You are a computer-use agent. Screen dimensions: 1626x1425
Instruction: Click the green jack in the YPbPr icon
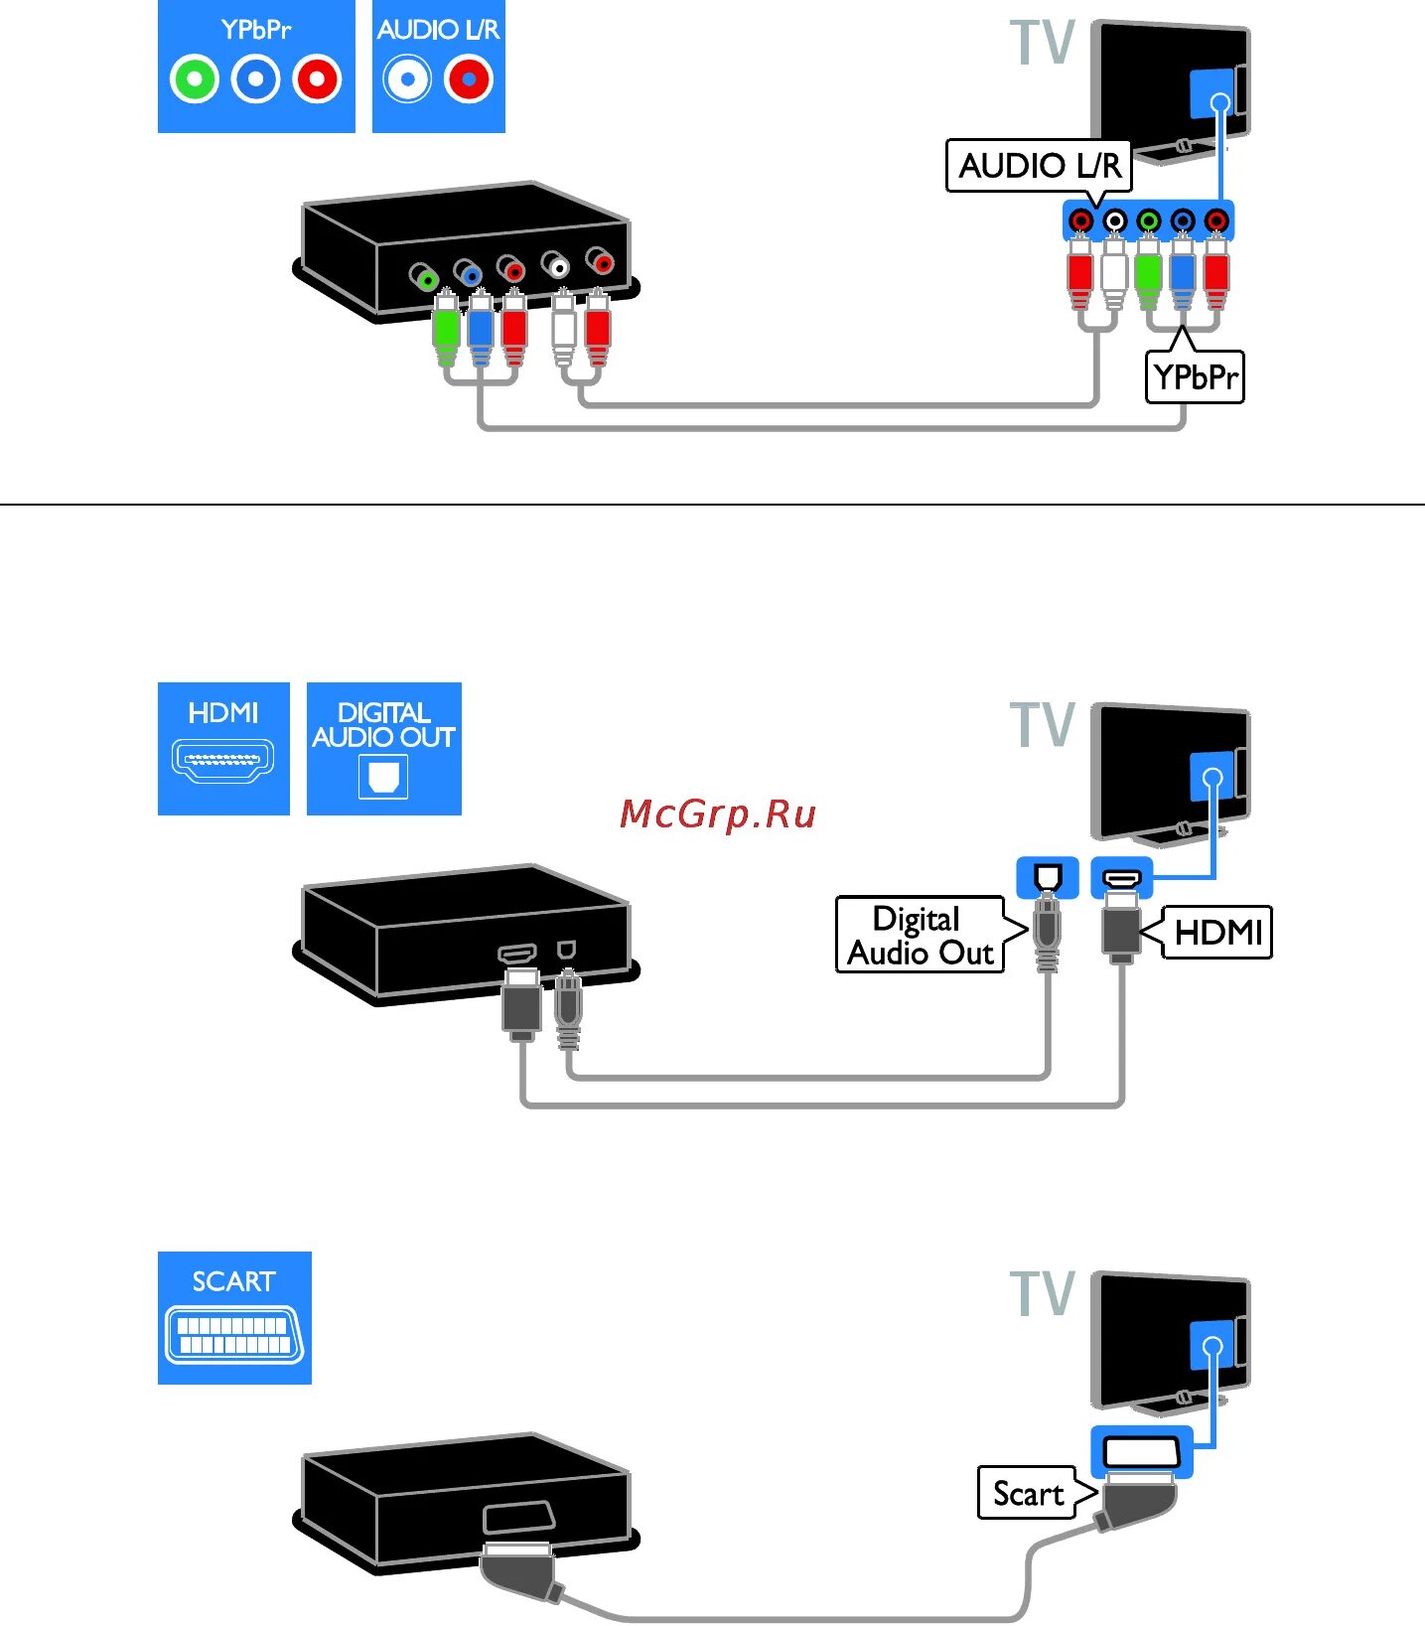[x=195, y=79]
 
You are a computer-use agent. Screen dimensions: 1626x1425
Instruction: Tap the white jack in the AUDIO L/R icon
[x=408, y=79]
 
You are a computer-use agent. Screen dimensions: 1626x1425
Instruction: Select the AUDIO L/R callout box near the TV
[x=1039, y=165]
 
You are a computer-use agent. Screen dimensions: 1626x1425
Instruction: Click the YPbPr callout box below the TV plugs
[x=1195, y=377]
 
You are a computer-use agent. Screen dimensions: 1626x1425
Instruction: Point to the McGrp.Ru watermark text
[x=717, y=813]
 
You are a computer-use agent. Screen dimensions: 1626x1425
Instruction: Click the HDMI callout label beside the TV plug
[x=1217, y=932]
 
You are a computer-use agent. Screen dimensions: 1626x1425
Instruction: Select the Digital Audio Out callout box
[x=920, y=935]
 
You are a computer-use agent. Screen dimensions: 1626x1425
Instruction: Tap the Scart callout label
[x=1028, y=1493]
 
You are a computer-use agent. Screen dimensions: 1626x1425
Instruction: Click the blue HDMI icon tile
[x=223, y=748]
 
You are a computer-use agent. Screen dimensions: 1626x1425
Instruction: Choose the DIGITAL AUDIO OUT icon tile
[x=384, y=748]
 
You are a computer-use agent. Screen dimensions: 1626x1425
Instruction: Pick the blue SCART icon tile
[x=234, y=1317]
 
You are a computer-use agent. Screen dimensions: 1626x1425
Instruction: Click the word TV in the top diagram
[x=1043, y=44]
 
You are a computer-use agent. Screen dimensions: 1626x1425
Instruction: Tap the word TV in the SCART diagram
[x=1043, y=1293]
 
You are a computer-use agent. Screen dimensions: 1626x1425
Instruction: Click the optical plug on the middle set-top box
[x=567, y=1007]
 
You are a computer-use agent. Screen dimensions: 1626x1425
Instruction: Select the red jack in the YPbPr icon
[x=318, y=79]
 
